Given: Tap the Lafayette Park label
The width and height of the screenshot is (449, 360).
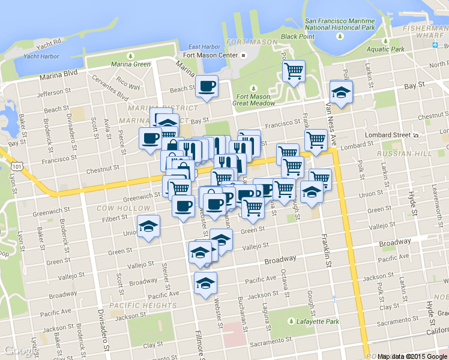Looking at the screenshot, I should coord(315,322).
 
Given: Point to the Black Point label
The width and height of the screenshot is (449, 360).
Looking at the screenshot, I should coord(297,36).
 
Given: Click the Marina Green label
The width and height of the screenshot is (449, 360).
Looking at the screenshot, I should coord(130,64).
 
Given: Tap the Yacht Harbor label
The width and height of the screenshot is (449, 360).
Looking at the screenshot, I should coord(41,56).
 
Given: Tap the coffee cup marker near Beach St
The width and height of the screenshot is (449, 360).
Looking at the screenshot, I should coord(206,86).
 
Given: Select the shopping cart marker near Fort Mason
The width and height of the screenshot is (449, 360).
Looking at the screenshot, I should coord(294,71).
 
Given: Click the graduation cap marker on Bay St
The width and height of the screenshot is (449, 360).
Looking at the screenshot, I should coord(341,92).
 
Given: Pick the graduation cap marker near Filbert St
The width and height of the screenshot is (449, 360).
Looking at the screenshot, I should coord(148,226).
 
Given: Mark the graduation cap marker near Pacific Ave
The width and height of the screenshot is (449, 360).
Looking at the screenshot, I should coord(205,283).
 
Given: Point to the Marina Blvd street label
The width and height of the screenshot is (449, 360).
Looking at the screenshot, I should coord(59,76).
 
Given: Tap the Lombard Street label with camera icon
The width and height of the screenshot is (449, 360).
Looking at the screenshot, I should coord(395,135).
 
